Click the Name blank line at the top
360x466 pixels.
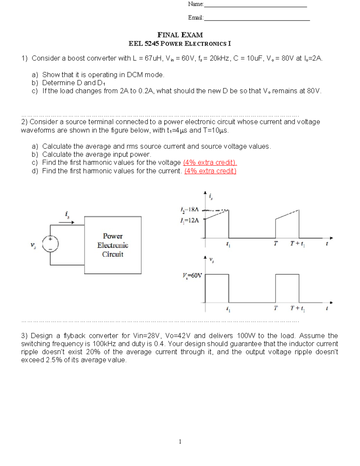point(255,6)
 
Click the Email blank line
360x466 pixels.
point(256,20)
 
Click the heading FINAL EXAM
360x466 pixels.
point(180,35)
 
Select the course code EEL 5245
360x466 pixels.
point(144,44)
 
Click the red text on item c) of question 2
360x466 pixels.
point(210,163)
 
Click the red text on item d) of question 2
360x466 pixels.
point(210,171)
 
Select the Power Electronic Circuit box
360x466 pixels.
point(113,245)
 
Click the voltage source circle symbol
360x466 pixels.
point(50,243)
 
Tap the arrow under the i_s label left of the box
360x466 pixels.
point(66,222)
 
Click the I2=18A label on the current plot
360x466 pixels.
point(189,209)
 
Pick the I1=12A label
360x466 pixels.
point(189,221)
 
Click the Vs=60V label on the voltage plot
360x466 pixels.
point(192,275)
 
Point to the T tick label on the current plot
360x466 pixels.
point(275,243)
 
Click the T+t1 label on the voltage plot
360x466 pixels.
point(297,308)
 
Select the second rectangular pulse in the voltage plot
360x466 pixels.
point(287,288)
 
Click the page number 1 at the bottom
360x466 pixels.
point(180,441)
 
